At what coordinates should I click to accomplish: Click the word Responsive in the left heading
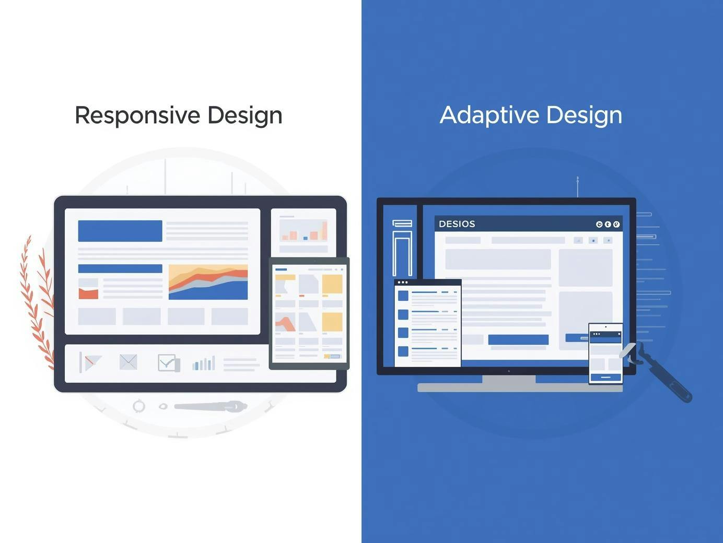(x=138, y=116)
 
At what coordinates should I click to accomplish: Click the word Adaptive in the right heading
(x=489, y=115)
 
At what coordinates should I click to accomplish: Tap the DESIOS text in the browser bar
(x=457, y=224)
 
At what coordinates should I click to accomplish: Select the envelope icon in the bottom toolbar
(x=128, y=362)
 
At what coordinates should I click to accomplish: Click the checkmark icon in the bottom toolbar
(x=169, y=363)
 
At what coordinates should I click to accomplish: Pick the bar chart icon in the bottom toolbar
(x=204, y=363)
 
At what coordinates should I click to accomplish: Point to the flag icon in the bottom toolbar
(x=90, y=362)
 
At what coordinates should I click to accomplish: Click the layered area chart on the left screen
(x=208, y=282)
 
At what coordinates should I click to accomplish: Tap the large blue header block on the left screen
(x=120, y=231)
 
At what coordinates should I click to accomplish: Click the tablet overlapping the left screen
(x=309, y=313)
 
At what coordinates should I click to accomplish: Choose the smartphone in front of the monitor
(x=605, y=354)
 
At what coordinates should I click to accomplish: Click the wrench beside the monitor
(x=656, y=372)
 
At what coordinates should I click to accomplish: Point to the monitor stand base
(x=520, y=387)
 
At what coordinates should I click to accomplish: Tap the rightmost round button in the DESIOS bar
(x=616, y=225)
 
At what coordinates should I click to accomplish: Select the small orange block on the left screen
(x=88, y=293)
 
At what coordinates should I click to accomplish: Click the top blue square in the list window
(x=403, y=296)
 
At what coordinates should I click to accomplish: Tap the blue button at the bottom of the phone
(x=606, y=377)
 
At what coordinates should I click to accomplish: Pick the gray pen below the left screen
(x=211, y=406)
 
